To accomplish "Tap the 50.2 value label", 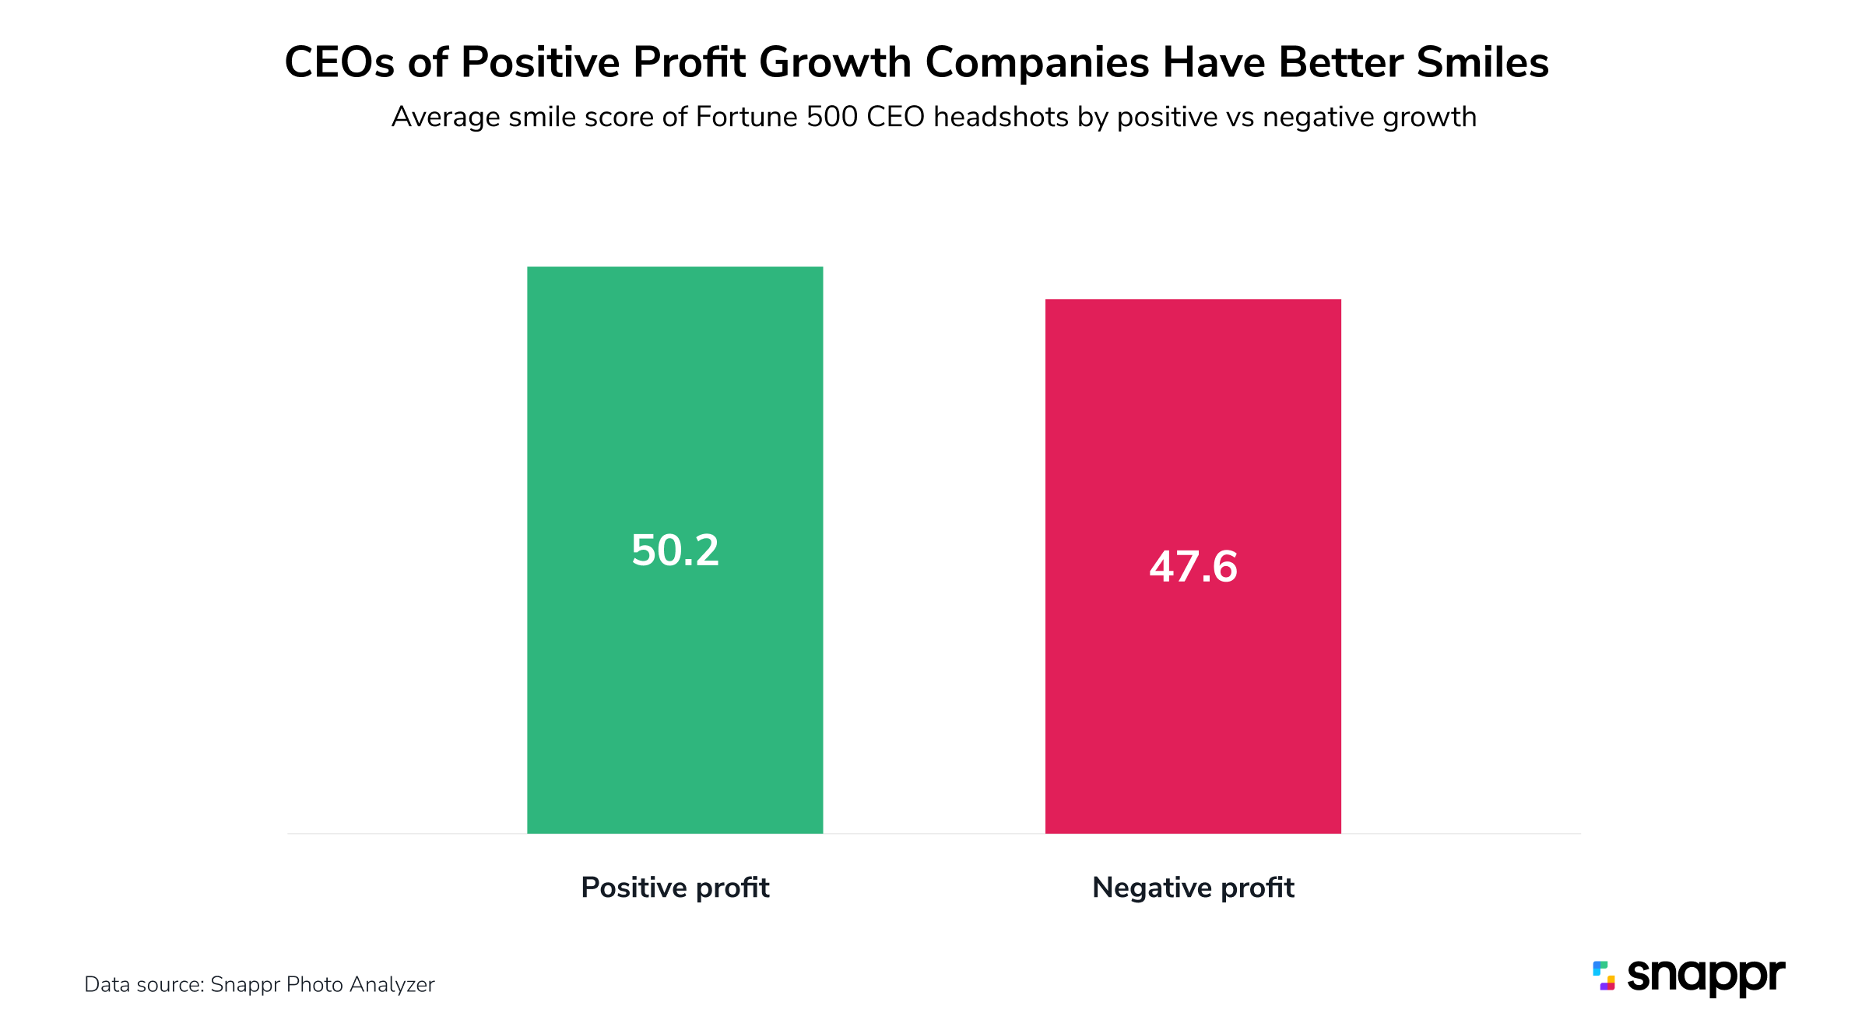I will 675,550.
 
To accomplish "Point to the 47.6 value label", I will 1193,566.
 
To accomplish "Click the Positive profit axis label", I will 675,888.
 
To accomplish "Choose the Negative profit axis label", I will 1193,888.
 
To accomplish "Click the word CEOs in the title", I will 339,62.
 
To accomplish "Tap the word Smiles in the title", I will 1482,62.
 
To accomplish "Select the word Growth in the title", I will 834,62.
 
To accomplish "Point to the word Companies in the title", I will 1037,62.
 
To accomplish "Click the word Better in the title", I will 1340,62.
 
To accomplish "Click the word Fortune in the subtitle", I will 747,117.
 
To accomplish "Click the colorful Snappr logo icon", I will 1604,976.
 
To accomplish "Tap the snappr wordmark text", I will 1706,976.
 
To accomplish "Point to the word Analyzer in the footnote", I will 392,985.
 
